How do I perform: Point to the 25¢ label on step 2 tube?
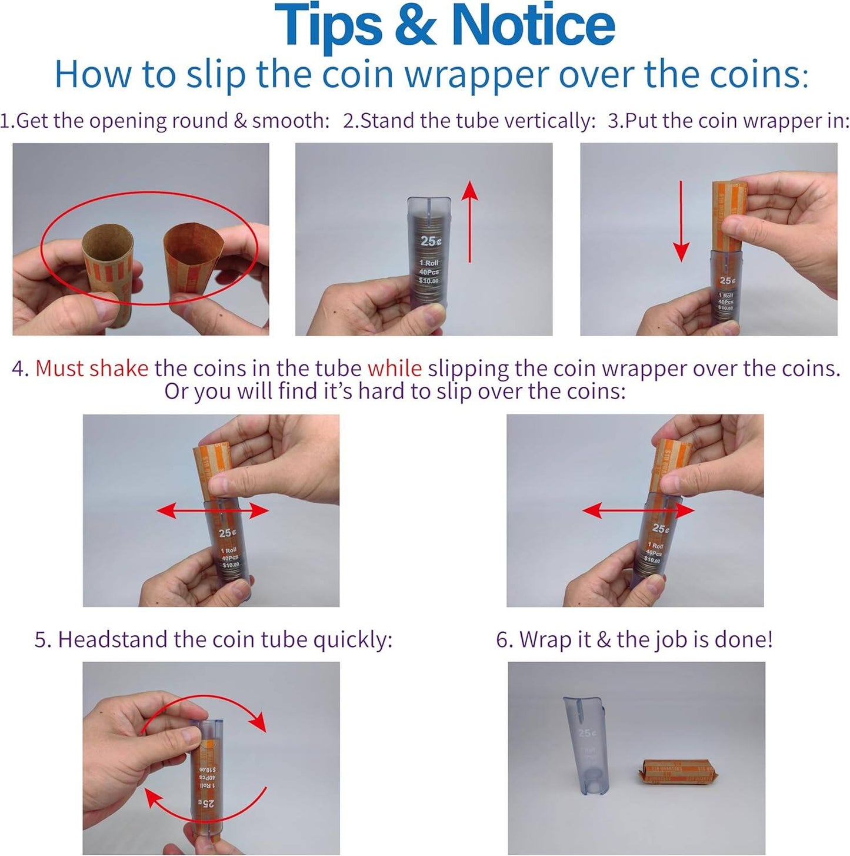[x=431, y=241]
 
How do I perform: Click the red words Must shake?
[x=92, y=369]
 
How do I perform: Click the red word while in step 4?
[x=394, y=369]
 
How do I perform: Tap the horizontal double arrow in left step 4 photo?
[x=212, y=510]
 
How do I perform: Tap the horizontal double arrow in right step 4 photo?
[x=638, y=510]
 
